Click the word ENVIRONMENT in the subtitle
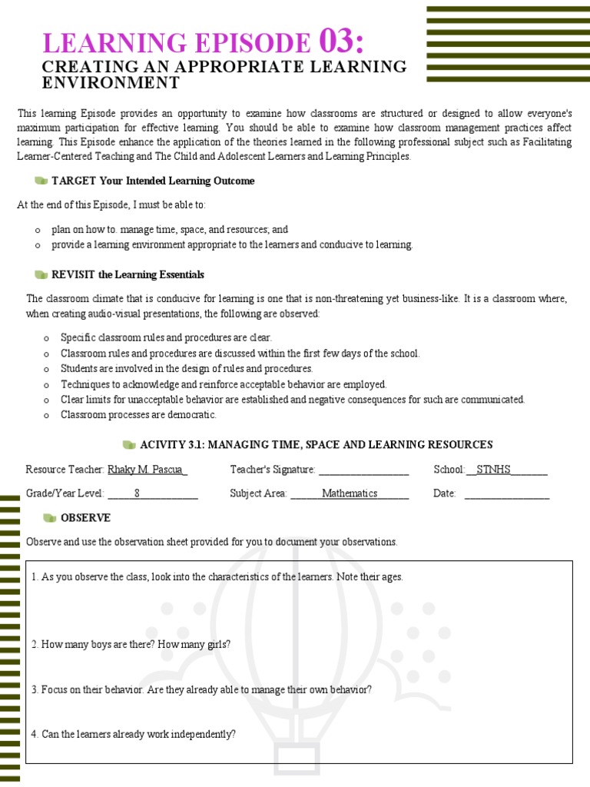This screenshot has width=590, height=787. pyautogui.click(x=111, y=83)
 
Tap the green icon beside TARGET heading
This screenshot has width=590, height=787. pyautogui.click(x=41, y=181)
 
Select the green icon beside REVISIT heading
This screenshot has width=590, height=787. pyautogui.click(x=41, y=274)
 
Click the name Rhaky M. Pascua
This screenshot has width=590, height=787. pyautogui.click(x=147, y=470)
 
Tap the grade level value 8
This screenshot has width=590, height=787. pyautogui.click(x=137, y=493)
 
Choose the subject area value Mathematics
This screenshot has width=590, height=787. pyautogui.click(x=350, y=493)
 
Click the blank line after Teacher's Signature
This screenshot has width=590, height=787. pyautogui.click(x=363, y=470)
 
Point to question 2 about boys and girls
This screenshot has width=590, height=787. pyautogui.click(x=131, y=645)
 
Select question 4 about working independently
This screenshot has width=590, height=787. pyautogui.click(x=134, y=734)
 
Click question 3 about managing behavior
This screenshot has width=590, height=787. pyautogui.click(x=201, y=689)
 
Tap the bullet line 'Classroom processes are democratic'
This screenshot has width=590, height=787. pyautogui.click(x=138, y=415)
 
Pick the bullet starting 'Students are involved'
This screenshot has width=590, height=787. pyautogui.click(x=187, y=368)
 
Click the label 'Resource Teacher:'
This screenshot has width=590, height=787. pyautogui.click(x=65, y=470)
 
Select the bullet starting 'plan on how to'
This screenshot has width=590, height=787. pyautogui.click(x=170, y=229)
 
